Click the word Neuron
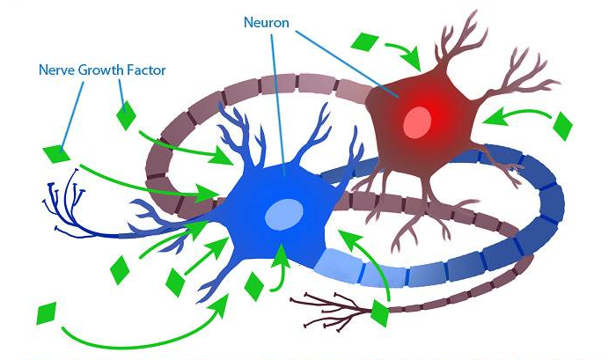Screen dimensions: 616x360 coord(266,22)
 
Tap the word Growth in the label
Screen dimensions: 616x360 coord(101,70)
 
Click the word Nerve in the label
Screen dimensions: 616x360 coord(57,70)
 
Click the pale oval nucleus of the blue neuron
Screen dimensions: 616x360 coord(284,214)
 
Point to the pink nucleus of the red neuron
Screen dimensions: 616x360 coord(417,122)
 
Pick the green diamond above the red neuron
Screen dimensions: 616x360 coord(364,41)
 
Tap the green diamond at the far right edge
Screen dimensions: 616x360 coord(562,126)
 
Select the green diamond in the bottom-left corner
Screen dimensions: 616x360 coord(47,313)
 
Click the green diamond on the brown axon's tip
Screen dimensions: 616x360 coord(380,312)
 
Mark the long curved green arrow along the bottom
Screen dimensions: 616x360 coord(145,334)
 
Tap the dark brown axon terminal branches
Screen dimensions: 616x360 coord(330,311)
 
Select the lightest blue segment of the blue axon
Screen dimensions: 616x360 coord(338,265)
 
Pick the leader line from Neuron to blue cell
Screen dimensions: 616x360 coord(278,104)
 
